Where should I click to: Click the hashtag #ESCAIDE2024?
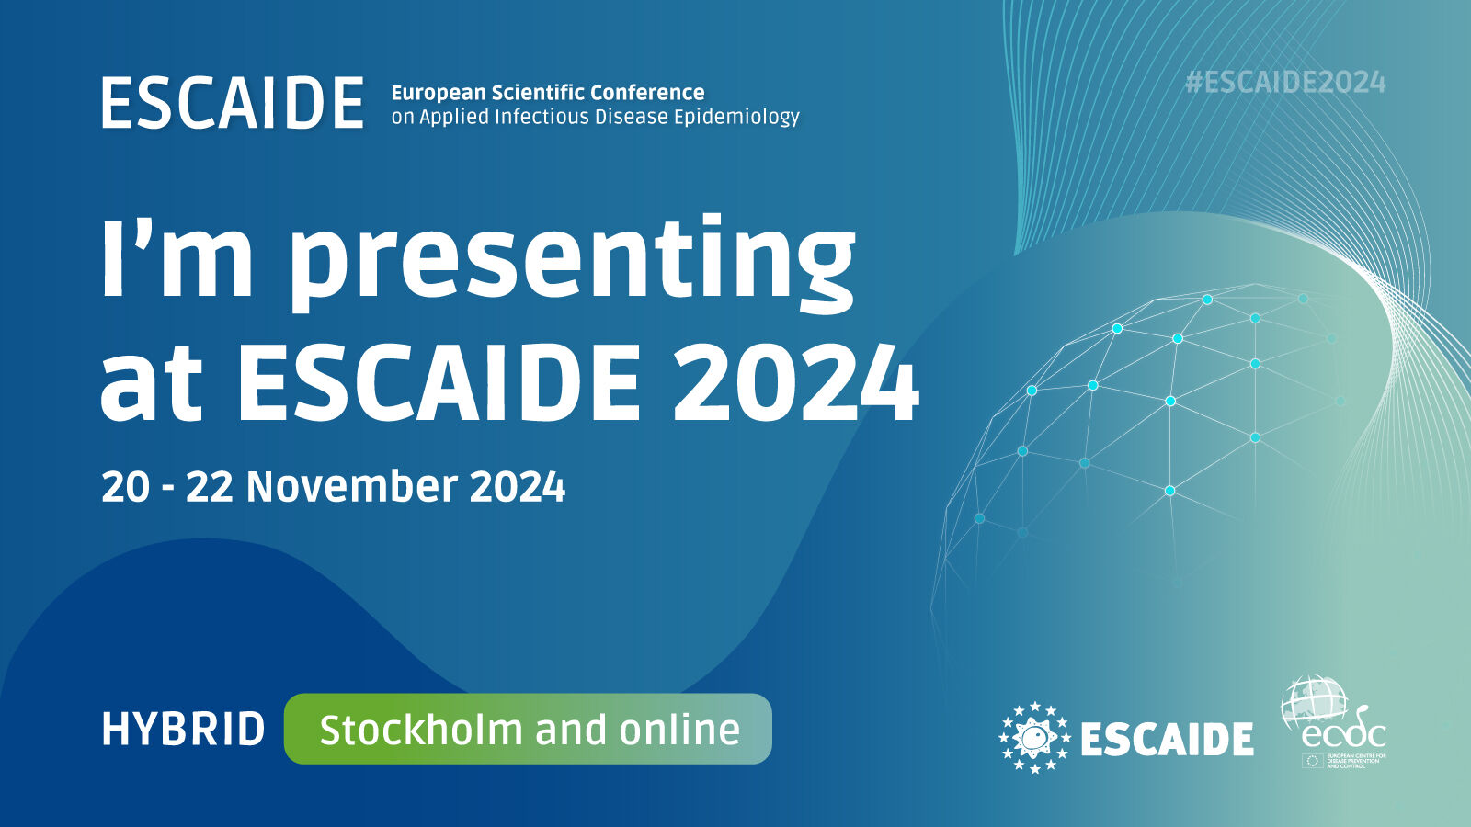point(1285,83)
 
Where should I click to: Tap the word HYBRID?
point(183,730)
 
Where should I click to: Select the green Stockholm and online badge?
point(528,729)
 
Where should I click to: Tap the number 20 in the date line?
point(125,486)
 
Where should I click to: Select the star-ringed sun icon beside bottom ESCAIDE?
point(1035,737)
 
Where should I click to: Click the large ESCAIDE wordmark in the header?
point(233,103)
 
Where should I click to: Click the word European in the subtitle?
point(438,93)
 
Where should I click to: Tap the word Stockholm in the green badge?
point(420,730)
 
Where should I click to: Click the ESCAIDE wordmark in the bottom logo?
point(1167,739)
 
